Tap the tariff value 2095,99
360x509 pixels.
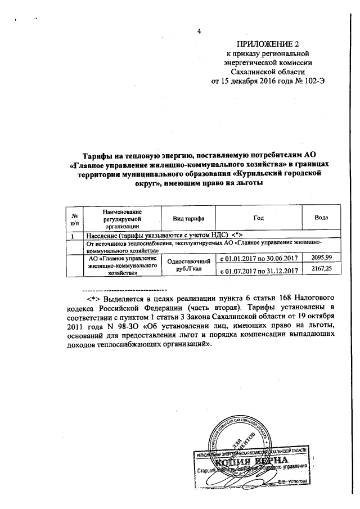pyautogui.click(x=321, y=257)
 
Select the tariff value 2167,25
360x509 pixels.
pyautogui.click(x=321, y=270)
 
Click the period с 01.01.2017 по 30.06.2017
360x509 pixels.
pyautogui.click(x=258, y=258)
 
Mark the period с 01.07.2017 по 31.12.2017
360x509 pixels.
pyautogui.click(x=258, y=271)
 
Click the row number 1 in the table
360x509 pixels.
pyautogui.click(x=74, y=235)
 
